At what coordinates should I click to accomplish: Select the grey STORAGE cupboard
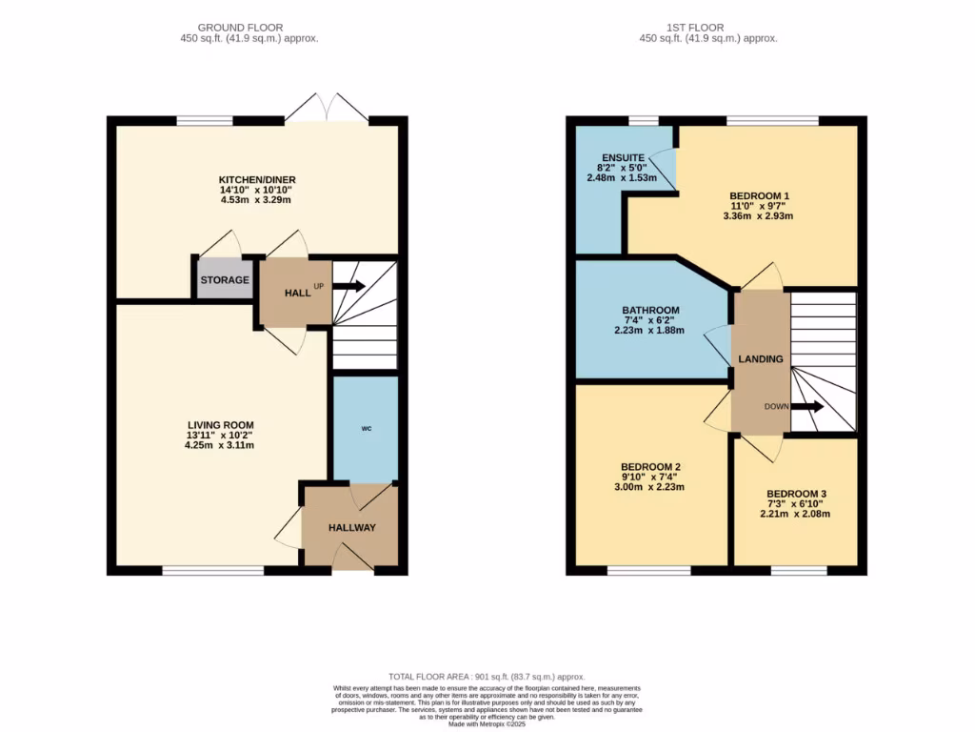pyautogui.click(x=225, y=280)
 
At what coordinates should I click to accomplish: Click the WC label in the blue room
pyautogui.click(x=366, y=428)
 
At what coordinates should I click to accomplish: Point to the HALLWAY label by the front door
pyautogui.click(x=352, y=528)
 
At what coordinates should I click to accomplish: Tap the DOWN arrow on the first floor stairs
pyautogui.click(x=806, y=407)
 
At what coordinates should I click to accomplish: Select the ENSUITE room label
pyautogui.click(x=624, y=157)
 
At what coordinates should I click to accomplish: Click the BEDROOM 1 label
pyautogui.click(x=758, y=196)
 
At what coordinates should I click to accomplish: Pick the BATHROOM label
pyautogui.click(x=651, y=311)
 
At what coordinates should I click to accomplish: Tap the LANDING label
pyautogui.click(x=761, y=359)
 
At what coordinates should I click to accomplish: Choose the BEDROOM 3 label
pyautogui.click(x=795, y=494)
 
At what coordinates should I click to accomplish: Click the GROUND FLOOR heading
pyautogui.click(x=249, y=28)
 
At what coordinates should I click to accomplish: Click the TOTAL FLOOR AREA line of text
pyautogui.click(x=487, y=676)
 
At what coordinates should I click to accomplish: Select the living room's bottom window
pyautogui.click(x=212, y=571)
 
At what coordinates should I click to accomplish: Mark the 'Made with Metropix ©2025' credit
pyautogui.click(x=487, y=724)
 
